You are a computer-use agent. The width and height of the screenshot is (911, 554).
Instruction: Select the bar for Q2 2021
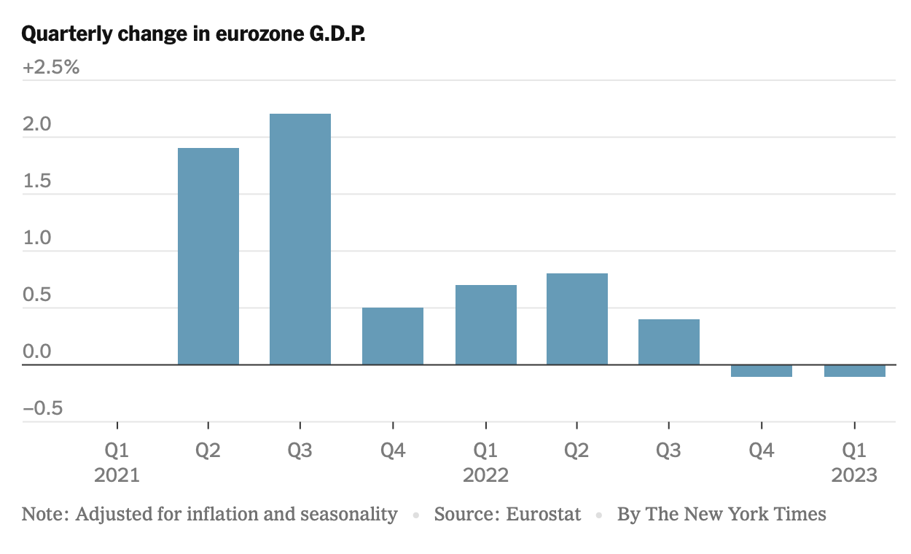coord(208,256)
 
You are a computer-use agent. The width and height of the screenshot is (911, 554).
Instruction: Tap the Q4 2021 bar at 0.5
coord(393,336)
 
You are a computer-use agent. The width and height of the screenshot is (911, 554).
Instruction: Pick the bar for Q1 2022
coord(485,324)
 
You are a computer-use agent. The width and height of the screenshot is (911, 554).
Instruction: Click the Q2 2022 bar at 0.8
coord(576,319)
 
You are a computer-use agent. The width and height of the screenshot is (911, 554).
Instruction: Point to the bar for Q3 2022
coord(668,342)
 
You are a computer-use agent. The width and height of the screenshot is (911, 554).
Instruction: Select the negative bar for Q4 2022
coord(761,371)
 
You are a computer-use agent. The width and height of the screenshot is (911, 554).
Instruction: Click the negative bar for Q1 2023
coord(854,371)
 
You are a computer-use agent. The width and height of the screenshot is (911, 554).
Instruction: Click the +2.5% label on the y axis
coord(50,68)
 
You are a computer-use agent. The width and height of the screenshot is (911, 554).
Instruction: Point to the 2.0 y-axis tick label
coord(36,125)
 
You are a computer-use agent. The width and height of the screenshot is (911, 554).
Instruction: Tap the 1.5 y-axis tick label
coord(36,182)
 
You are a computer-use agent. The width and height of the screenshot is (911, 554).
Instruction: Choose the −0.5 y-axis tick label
coord(42,409)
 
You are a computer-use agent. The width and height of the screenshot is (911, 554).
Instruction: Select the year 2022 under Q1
coord(485,476)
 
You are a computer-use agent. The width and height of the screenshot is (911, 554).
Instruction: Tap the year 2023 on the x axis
coord(854,476)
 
